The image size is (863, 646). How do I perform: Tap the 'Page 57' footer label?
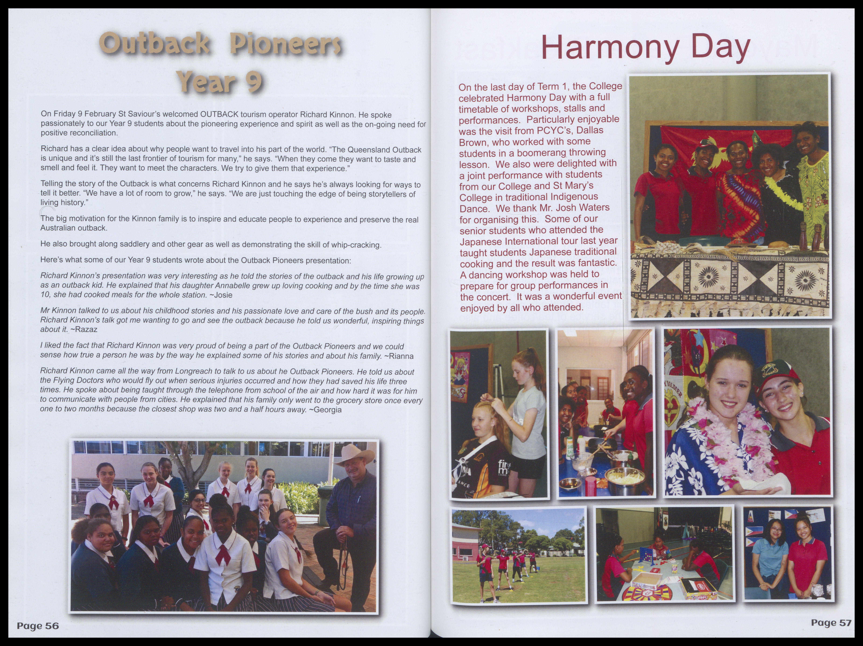831,623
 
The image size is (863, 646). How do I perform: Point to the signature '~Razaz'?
84,329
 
